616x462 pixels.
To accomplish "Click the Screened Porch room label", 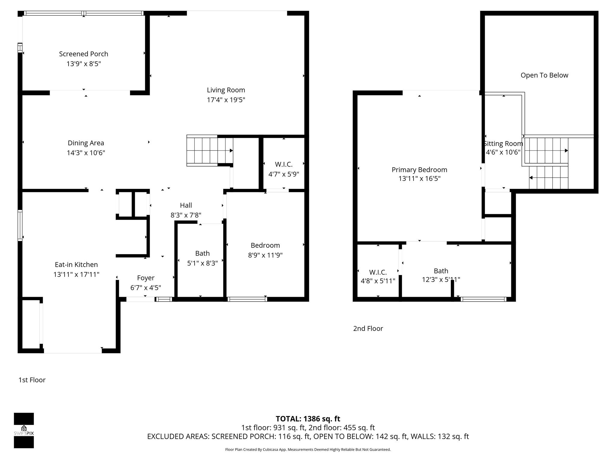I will coord(83,54).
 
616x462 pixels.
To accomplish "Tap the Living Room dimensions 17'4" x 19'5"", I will coord(226,100).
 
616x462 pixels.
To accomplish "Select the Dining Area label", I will coord(86,143).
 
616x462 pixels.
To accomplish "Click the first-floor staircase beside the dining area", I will coord(209,150).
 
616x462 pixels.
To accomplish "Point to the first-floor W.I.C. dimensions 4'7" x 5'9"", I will coord(284,174).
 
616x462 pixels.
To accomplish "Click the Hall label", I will coord(186,205).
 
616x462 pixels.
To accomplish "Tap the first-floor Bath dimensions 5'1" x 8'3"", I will coord(202,263).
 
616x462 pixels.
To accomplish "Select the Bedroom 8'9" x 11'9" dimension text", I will coord(265,255).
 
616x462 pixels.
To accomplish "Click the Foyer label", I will coord(146,278).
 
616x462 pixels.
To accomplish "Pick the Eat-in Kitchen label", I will coord(76,264).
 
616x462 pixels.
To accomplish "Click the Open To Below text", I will coord(544,75).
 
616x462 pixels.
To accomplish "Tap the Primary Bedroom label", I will coord(419,170).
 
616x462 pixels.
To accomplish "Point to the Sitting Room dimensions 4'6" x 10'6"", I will coord(503,152).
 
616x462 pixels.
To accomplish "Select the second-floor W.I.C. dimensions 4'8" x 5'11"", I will coord(378,281).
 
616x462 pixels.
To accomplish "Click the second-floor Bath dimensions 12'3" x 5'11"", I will coord(441,280).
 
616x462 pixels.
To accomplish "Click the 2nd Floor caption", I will coord(368,328).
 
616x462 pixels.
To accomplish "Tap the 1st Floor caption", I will coord(32,380).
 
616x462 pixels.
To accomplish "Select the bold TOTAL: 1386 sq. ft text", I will coord(308,419).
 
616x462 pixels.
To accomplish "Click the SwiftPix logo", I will coord(24,430).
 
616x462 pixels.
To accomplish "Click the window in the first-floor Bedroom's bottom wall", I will coord(247,299).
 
